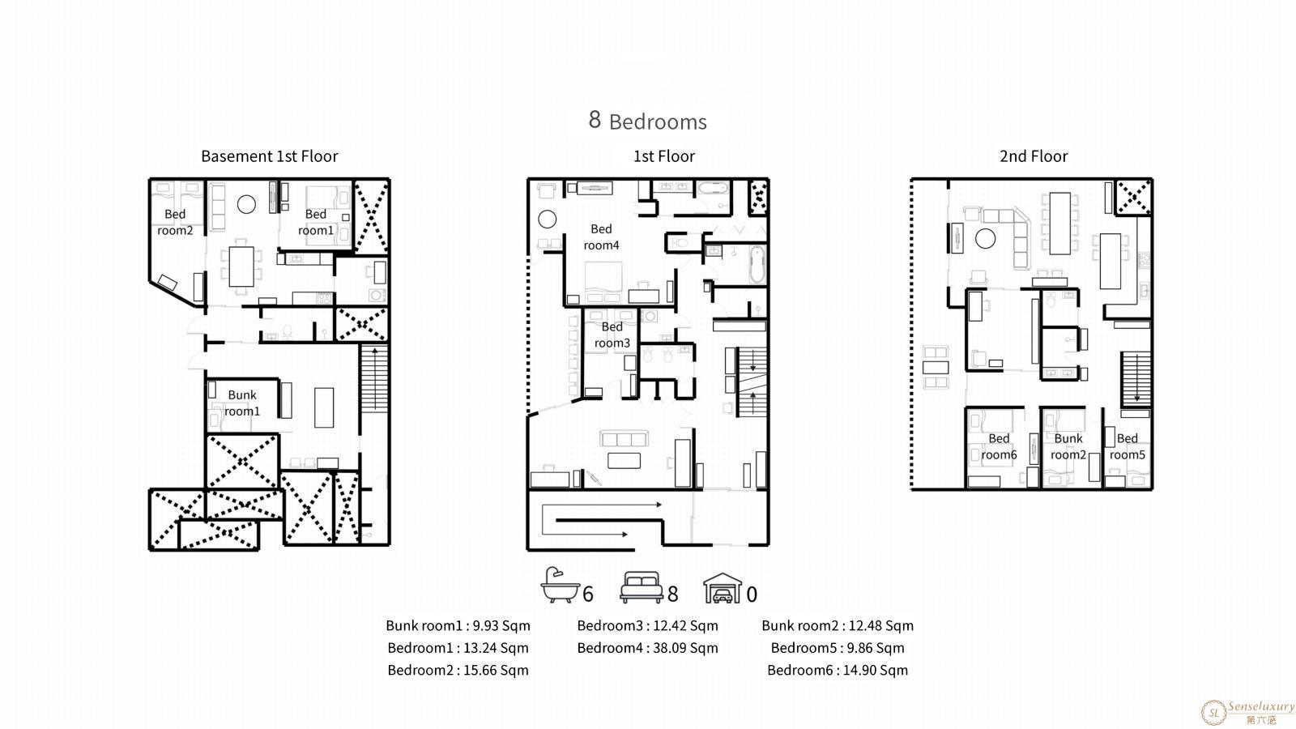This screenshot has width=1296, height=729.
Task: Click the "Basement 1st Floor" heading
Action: point(269,156)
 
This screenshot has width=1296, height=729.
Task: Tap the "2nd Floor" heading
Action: point(1034,156)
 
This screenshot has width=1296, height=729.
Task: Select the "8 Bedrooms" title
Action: point(647,121)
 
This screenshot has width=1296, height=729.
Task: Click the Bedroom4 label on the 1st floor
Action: point(601,237)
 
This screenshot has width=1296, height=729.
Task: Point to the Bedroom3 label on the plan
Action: point(612,335)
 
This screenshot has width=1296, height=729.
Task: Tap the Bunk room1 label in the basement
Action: point(242,403)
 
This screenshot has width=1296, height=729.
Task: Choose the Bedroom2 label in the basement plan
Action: point(175,222)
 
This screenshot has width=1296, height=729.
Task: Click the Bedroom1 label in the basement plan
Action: point(315,222)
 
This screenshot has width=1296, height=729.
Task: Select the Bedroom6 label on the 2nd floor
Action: point(999,446)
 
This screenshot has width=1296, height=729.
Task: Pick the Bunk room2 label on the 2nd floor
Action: point(1068,446)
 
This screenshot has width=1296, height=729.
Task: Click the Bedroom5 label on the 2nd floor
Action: point(1127,446)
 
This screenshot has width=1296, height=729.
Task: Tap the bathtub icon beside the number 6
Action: point(560,585)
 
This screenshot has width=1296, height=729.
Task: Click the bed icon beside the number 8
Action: point(641,587)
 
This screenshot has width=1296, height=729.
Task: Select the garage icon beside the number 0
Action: point(722,588)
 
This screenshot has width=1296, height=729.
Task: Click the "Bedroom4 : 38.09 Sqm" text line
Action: point(647,648)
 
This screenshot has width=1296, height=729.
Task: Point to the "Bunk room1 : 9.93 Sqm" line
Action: point(458,625)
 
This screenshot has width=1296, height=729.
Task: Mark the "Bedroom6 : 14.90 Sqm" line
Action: point(838,670)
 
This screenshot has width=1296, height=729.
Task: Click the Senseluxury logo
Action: point(1247,712)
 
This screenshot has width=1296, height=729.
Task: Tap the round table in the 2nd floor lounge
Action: point(985,238)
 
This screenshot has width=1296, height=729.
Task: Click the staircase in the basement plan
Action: point(374,378)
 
